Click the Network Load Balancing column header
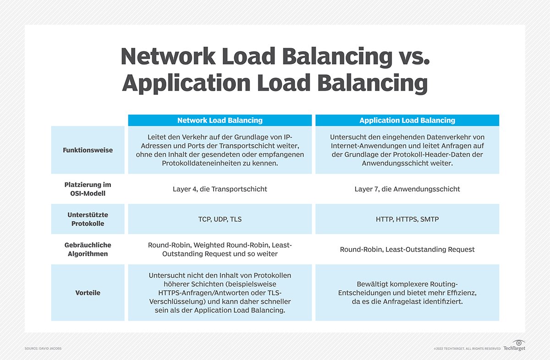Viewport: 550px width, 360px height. [220, 120]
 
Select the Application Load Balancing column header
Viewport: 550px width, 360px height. [407, 120]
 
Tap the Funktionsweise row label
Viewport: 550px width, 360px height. [88, 150]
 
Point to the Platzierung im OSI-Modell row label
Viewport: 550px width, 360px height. [88, 189]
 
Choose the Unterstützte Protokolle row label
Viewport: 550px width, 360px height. [88, 219]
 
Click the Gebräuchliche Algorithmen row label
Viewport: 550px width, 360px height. [88, 249]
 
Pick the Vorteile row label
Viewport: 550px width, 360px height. [88, 293]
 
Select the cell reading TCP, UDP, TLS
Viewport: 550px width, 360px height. [220, 219]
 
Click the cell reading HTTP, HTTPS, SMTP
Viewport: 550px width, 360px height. [407, 219]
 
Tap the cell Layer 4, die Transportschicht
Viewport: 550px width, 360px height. [220, 189]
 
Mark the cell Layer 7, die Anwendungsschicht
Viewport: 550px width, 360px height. [407, 189]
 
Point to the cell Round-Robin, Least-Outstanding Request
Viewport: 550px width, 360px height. [407, 250]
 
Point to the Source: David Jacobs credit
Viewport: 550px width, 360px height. [43, 349]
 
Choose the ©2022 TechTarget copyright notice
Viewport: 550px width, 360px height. [467, 349]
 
